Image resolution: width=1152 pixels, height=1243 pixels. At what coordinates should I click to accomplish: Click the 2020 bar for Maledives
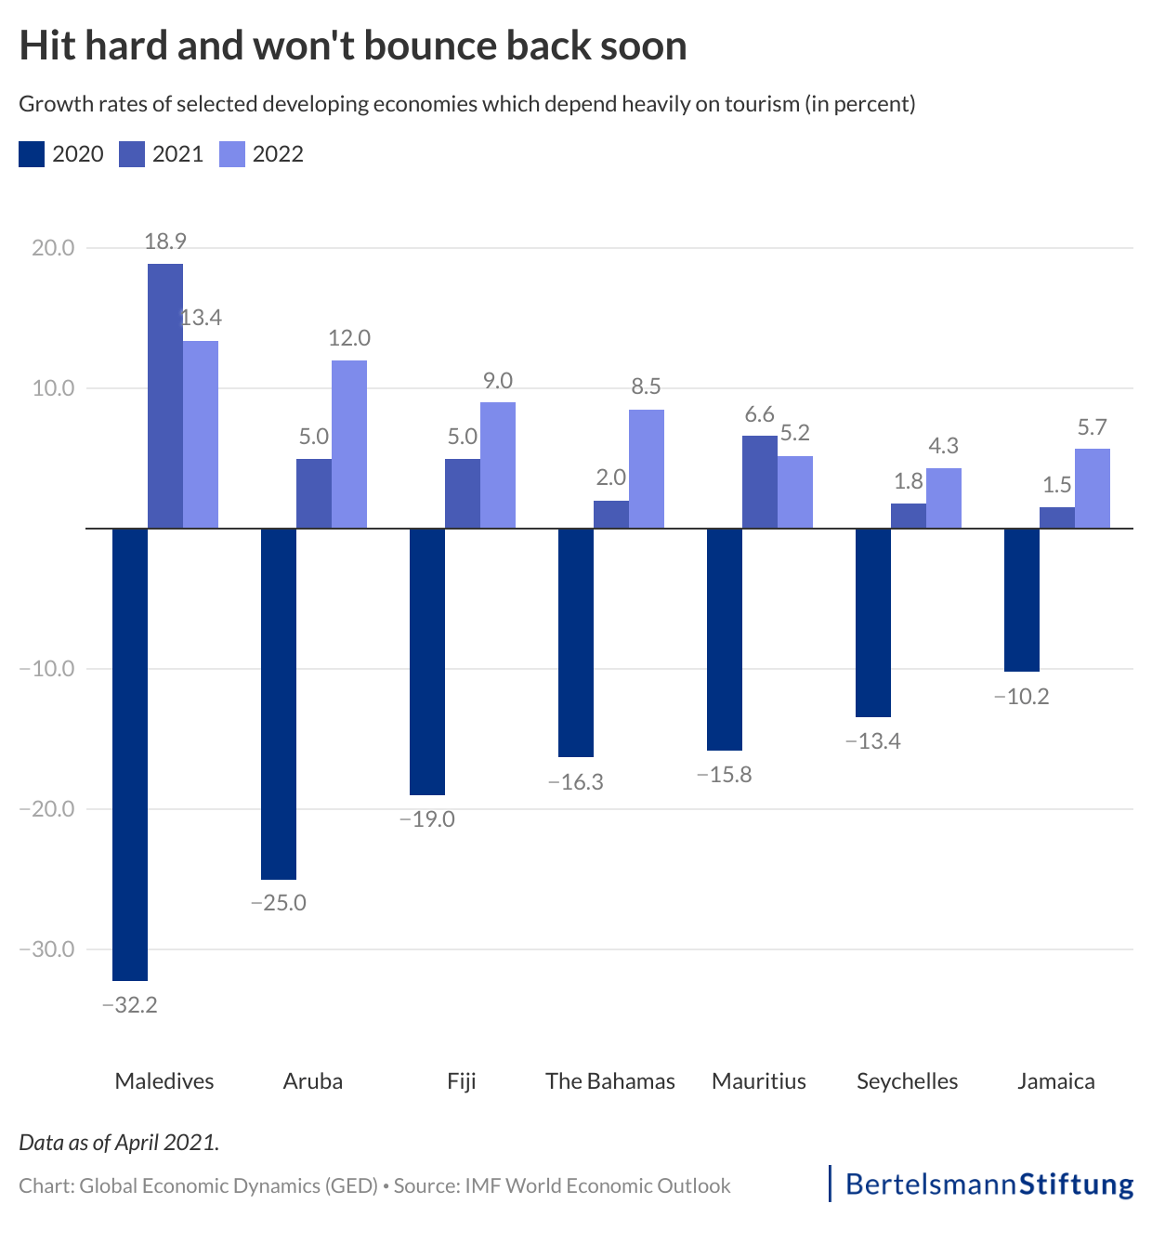130,753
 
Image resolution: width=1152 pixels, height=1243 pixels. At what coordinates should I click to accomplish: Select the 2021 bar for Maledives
165,396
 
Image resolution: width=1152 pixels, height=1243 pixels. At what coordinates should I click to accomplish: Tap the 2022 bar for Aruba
349,444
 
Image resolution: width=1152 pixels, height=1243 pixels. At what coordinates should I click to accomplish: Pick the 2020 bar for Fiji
427,661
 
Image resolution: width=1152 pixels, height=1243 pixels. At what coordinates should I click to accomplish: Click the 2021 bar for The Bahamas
611,515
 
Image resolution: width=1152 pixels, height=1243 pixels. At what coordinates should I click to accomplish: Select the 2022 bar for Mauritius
795,492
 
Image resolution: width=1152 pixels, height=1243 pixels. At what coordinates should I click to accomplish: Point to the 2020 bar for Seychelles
873,622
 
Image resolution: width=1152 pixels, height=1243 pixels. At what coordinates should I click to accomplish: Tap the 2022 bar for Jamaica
1093,489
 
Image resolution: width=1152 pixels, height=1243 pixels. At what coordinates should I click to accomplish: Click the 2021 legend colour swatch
132,154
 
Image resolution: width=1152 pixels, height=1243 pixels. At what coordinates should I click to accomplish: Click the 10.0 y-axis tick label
54,388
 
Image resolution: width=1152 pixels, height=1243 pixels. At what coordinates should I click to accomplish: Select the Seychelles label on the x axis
907,1081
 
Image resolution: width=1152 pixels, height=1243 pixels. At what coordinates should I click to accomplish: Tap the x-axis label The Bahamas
610,1081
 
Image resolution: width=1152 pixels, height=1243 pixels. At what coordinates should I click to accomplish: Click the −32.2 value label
129,1005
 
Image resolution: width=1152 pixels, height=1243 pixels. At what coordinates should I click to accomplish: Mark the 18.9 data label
165,242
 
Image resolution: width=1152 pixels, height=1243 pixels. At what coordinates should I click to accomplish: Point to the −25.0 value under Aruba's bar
278,903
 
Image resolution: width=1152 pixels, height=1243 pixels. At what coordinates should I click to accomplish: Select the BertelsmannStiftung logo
988,1184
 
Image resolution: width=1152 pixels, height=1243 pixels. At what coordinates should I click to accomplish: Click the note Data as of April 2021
119,1143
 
